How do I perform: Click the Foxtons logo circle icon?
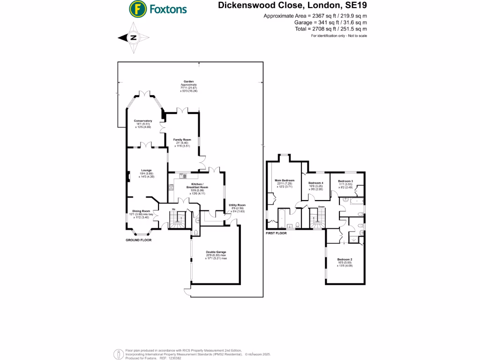137,8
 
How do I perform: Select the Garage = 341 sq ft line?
330,22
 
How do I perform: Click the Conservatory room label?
143,121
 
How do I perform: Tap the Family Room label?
182,140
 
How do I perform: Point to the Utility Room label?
237,205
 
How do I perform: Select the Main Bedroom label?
285,180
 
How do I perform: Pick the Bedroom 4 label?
315,183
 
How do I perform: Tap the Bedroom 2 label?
345,259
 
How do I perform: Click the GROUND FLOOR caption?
138,240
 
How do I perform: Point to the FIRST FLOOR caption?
276,233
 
